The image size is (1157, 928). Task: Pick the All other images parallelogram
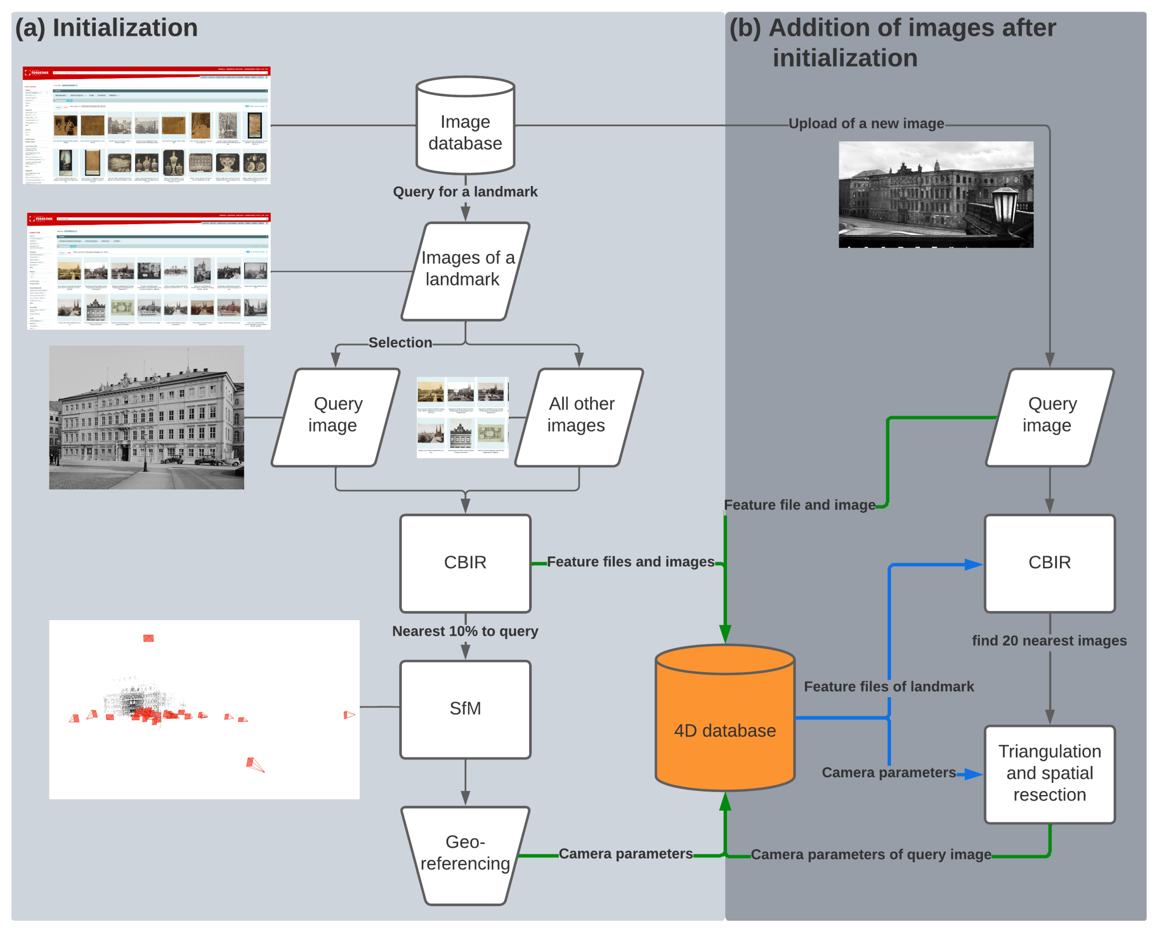pos(579,417)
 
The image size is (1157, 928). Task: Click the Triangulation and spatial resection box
pos(1049,774)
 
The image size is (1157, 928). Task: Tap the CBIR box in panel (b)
pos(1049,563)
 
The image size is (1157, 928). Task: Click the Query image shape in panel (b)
pos(1049,417)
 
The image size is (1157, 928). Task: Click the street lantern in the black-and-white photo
pos(1005,206)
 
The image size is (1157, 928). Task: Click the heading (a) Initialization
pos(106,28)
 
